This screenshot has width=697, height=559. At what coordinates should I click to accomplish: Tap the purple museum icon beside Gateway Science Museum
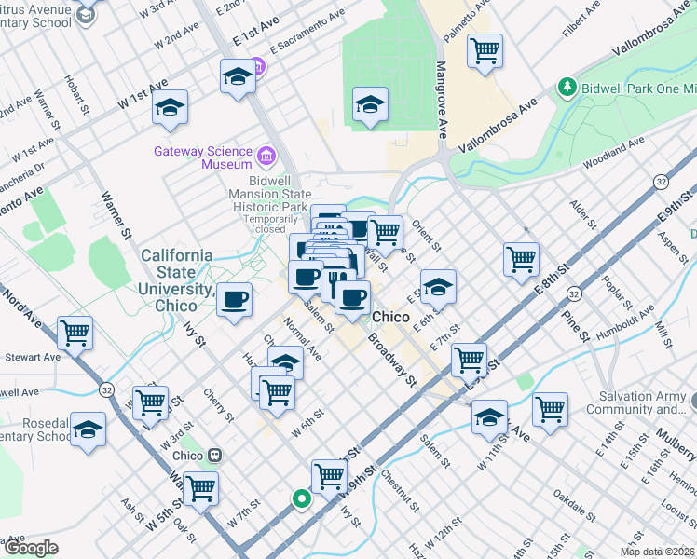[266, 154]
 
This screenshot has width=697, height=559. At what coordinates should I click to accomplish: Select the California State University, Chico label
[176, 279]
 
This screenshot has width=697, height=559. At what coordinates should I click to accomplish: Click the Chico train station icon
[214, 456]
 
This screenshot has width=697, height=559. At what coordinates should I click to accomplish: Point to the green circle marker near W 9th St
[301, 498]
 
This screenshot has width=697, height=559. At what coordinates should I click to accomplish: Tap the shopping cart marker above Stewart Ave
[75, 332]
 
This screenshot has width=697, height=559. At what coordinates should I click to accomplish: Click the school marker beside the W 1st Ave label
[171, 107]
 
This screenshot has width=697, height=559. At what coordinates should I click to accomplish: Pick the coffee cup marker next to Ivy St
[235, 299]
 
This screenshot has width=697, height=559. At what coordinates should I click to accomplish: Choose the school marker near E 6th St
[437, 286]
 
